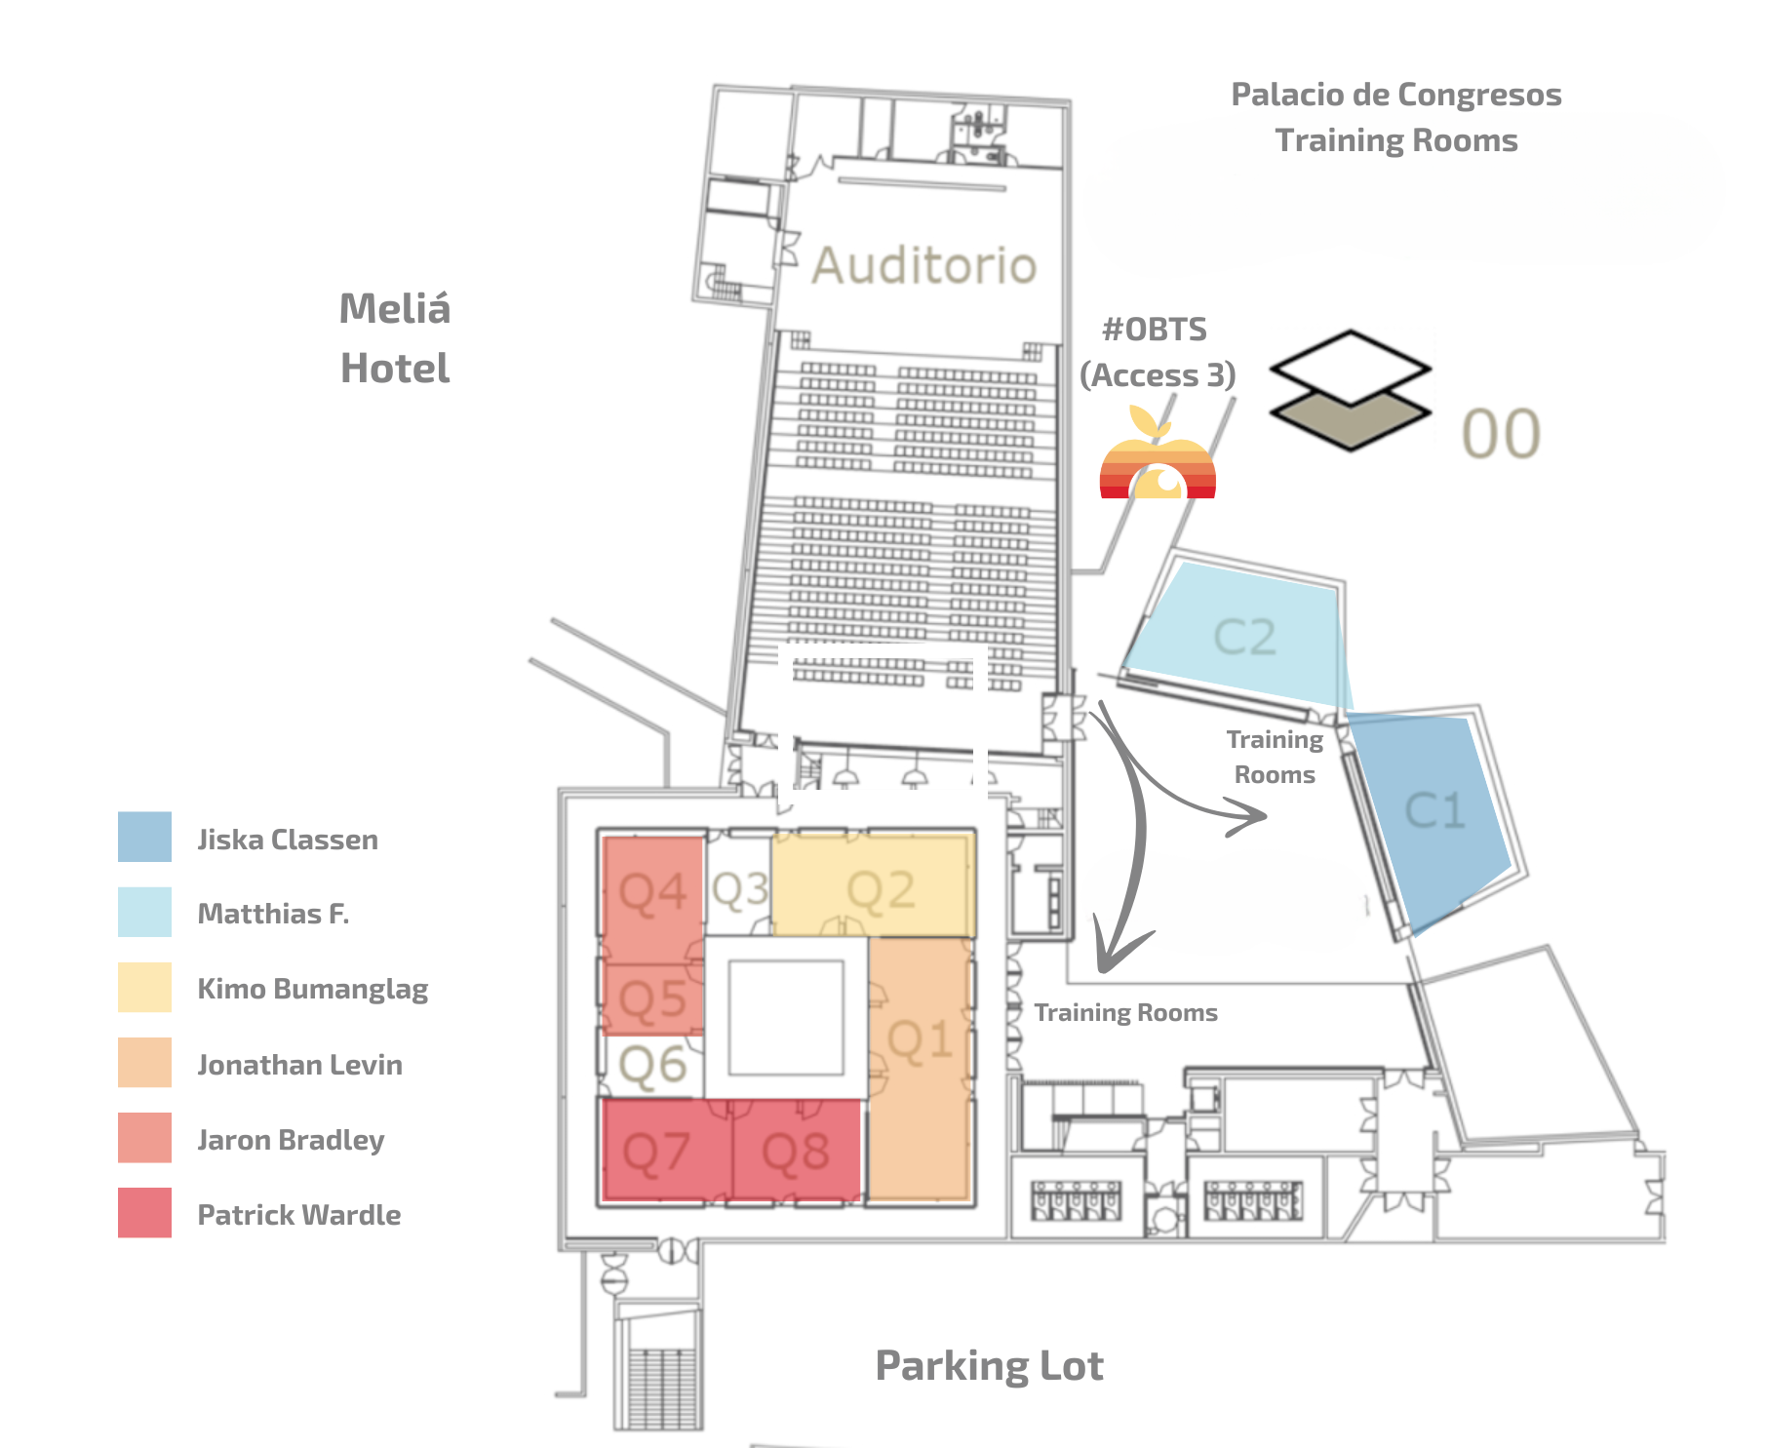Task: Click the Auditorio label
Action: (923, 265)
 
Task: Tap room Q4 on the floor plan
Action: (652, 892)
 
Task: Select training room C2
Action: (1244, 637)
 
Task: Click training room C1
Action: (1434, 810)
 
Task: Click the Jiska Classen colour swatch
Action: (144, 837)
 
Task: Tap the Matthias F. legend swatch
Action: (144, 912)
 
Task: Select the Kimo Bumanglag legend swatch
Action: (144, 987)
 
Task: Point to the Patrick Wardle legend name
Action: (298, 1215)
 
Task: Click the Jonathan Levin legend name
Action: (299, 1065)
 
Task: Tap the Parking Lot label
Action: (989, 1365)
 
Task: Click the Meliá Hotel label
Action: (395, 338)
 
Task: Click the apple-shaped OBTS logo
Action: (1157, 458)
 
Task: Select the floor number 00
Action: (1501, 434)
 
